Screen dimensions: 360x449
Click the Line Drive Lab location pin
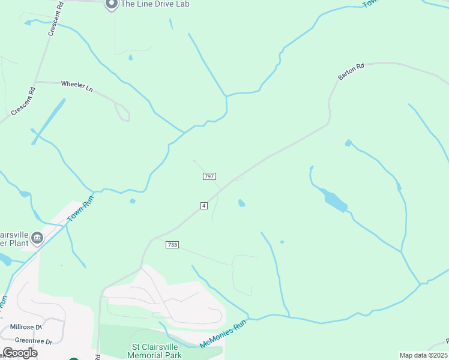111,4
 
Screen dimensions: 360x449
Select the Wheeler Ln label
77,86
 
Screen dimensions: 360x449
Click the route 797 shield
209,176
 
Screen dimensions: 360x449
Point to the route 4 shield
204,206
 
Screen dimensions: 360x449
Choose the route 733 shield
172,244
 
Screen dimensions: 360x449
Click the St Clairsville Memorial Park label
157,350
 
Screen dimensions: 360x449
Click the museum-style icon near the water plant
37,238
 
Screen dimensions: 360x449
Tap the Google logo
19,353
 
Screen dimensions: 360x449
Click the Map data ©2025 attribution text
423,355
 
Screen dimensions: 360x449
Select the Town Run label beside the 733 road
80,212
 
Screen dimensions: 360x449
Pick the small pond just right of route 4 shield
241,203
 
